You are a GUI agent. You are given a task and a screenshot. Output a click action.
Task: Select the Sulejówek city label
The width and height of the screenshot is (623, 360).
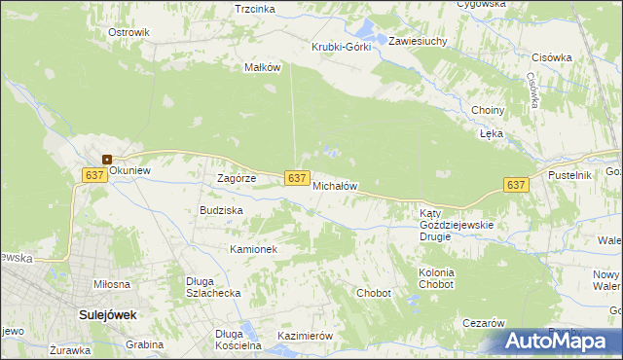click(x=107, y=315)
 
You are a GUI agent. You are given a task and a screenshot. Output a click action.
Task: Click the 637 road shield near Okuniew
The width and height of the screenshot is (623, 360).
click(x=94, y=174)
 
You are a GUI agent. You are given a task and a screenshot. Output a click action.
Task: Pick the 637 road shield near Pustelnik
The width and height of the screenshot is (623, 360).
click(x=516, y=185)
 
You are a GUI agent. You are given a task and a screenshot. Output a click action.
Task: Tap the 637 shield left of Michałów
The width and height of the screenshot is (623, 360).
click(x=298, y=177)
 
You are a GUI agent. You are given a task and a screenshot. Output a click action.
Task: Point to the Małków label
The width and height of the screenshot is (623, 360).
click(x=263, y=67)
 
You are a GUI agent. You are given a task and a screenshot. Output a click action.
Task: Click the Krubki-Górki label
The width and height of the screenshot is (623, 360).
click(x=341, y=48)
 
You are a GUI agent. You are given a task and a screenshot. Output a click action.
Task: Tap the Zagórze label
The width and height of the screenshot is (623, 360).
click(x=236, y=179)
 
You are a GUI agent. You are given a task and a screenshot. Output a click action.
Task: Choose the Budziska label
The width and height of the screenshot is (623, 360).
click(x=221, y=210)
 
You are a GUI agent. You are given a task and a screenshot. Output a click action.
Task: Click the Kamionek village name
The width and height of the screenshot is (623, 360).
click(x=254, y=249)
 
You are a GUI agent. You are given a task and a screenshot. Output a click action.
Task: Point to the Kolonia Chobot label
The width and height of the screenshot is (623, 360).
click(x=436, y=278)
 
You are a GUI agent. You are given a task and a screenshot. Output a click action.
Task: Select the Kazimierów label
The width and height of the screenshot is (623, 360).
click(x=306, y=336)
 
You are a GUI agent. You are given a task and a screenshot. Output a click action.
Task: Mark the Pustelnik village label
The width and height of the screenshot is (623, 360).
click(x=570, y=174)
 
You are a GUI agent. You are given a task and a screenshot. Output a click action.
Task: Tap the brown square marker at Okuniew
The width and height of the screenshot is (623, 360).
click(x=107, y=160)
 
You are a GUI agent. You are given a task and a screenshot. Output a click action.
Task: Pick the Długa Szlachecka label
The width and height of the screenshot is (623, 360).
click(x=213, y=287)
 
